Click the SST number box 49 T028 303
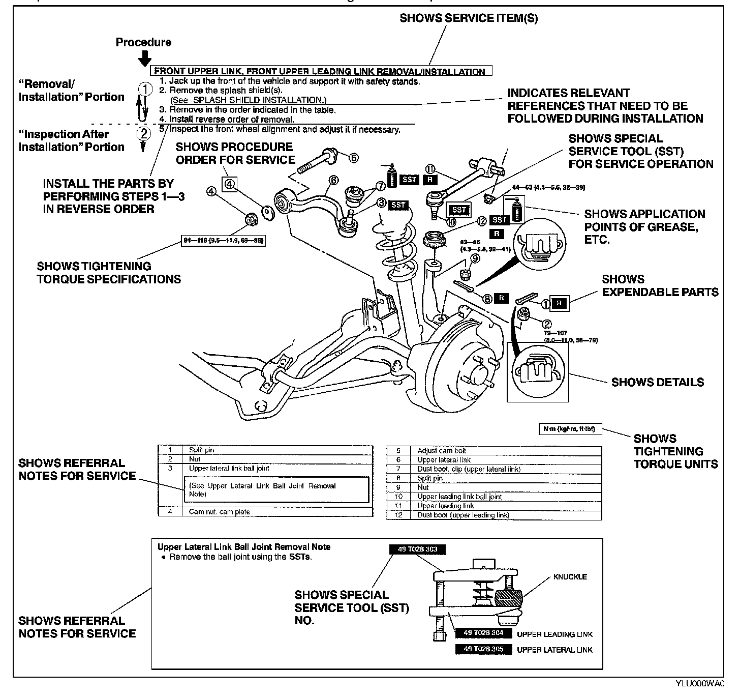coord(417,549)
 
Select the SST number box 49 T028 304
coord(483,633)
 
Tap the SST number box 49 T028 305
coord(483,650)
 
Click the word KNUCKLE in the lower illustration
coord(570,576)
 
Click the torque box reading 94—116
coord(224,240)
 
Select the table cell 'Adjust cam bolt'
coord(441,451)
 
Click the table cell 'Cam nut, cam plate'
coord(219,512)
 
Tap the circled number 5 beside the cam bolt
coord(353,158)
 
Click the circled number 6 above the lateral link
coord(333,180)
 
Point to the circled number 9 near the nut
coord(475,258)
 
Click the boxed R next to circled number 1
coord(559,303)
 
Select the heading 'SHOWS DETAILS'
coord(657,382)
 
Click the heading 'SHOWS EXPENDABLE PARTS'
coord(660,285)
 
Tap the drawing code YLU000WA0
coord(700,684)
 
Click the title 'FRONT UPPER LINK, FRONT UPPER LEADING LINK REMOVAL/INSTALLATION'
coord(320,72)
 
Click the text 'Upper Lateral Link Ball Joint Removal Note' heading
coord(243,547)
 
